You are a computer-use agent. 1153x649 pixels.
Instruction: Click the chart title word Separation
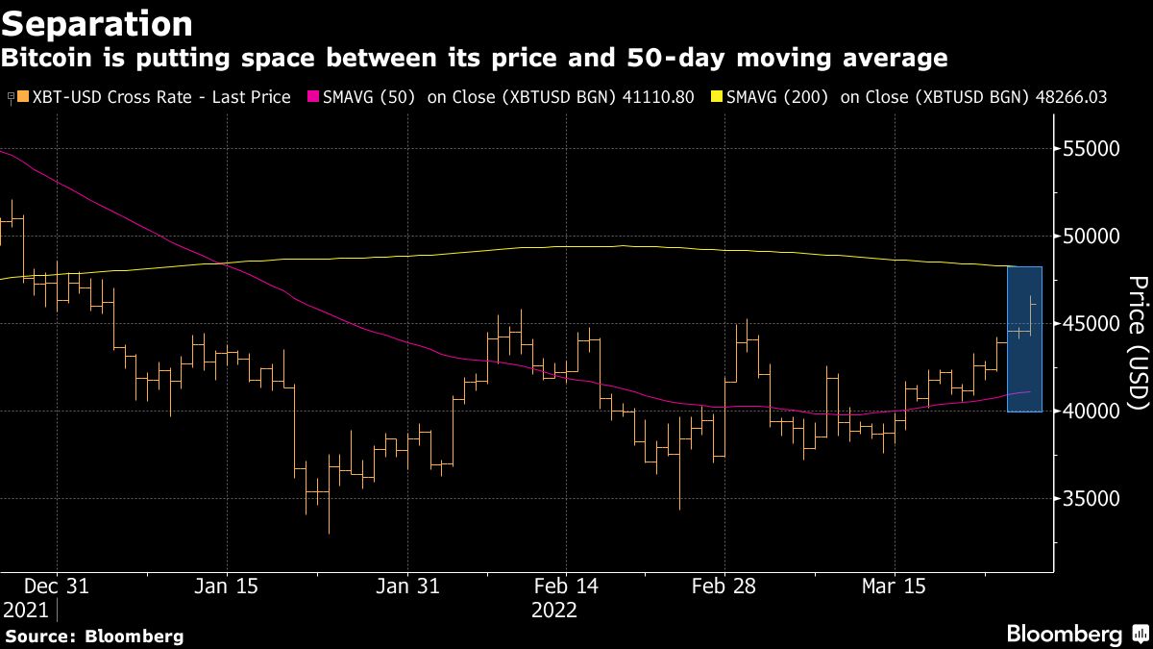(97, 22)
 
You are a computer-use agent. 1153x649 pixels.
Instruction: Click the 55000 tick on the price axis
(1095, 149)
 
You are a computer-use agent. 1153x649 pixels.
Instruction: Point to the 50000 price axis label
(1095, 237)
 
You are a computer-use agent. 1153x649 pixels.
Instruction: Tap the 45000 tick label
(1095, 324)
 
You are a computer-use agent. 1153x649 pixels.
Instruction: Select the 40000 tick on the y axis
(1095, 412)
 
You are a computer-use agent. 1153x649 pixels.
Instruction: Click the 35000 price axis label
(1095, 499)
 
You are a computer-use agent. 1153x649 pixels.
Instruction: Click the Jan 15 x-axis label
(227, 586)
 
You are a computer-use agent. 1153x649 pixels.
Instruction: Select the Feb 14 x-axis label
(565, 586)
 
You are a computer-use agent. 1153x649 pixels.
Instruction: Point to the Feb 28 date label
(724, 586)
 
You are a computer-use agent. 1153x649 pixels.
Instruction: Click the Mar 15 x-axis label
(894, 586)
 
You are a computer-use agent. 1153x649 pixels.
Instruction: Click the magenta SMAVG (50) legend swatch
(311, 98)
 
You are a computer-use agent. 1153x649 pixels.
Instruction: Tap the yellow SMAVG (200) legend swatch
(716, 98)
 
